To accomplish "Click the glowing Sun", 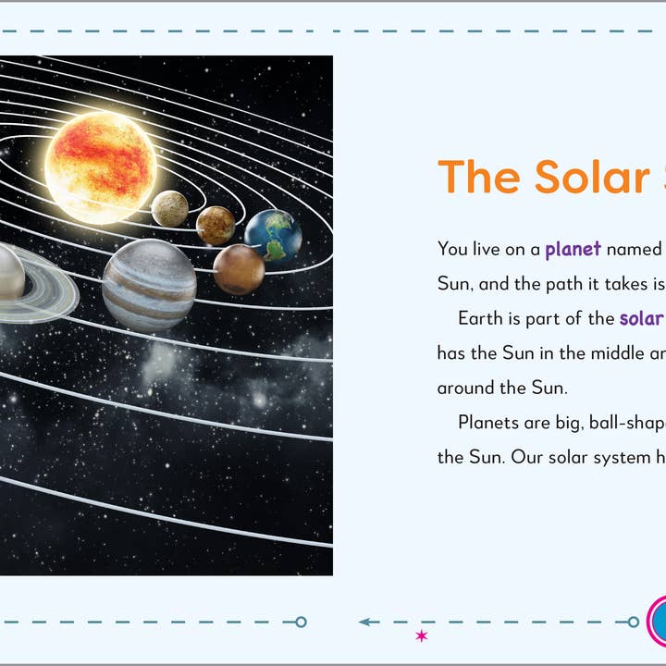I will coord(100,166).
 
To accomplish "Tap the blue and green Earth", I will coord(274,235).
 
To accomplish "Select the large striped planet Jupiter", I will coord(149,285).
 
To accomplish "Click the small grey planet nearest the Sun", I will coord(170,208).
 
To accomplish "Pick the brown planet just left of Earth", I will coord(216,225).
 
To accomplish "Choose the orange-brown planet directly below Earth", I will coord(239,269).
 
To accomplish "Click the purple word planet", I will coord(573,249).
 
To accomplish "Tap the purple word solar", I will coord(641,318).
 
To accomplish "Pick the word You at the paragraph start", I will coord(452,249).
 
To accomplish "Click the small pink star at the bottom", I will coord(422,635).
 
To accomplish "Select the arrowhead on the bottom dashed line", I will coord(365,622).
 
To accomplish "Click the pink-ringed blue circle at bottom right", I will coord(659,620).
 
